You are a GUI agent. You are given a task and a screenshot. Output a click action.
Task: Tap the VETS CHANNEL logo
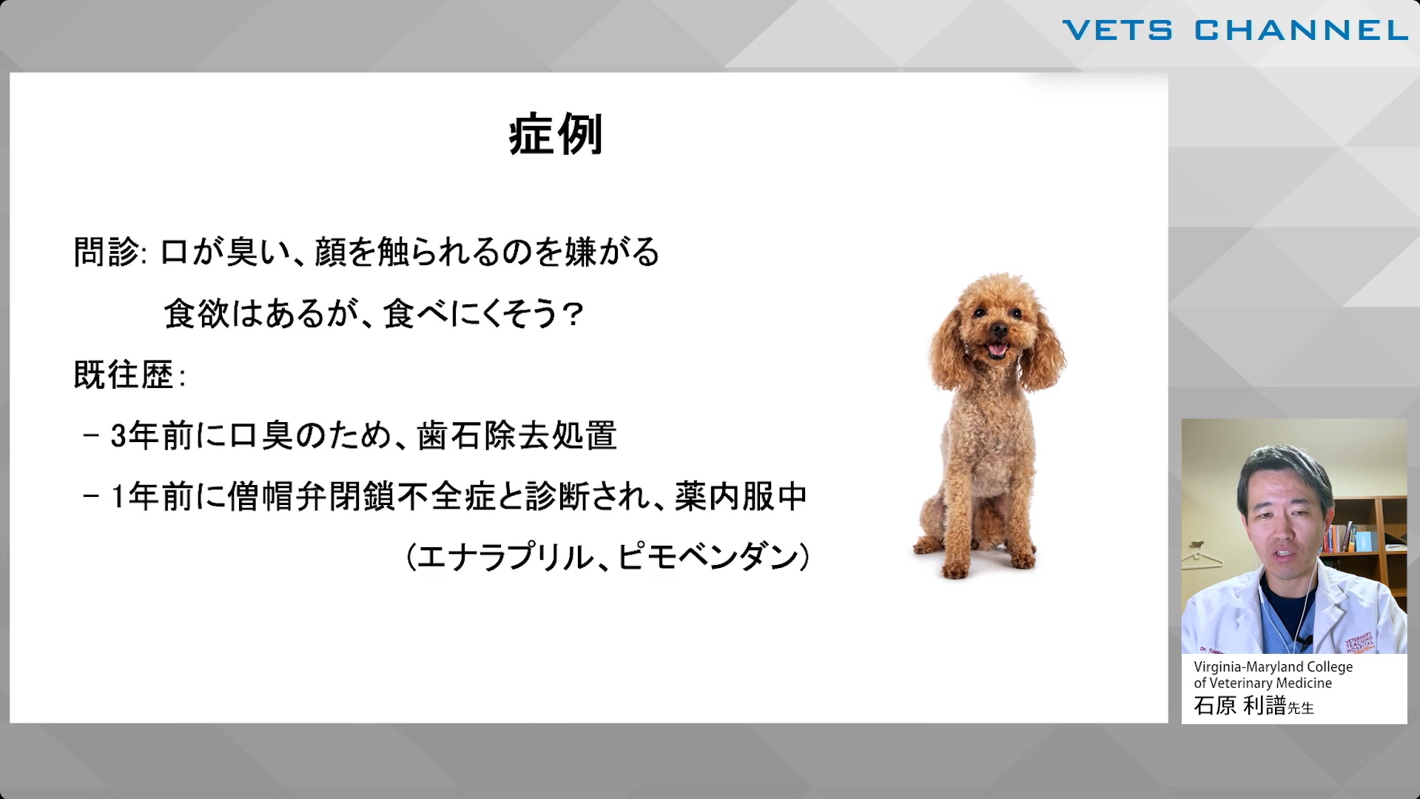pos(1235,30)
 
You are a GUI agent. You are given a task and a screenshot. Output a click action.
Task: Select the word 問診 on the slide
pos(107,252)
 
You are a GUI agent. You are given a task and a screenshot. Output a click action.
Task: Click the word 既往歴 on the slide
pos(124,375)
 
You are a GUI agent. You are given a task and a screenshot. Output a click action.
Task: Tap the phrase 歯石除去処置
pos(516,435)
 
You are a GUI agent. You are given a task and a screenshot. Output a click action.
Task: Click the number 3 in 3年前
pos(118,436)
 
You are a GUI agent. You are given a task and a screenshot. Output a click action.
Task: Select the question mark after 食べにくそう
pos(573,314)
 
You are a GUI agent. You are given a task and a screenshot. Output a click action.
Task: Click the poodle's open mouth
pos(997,348)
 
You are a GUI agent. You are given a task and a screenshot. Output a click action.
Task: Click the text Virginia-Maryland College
pos(1273,666)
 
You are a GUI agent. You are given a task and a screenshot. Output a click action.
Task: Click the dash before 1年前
pos(92,496)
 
